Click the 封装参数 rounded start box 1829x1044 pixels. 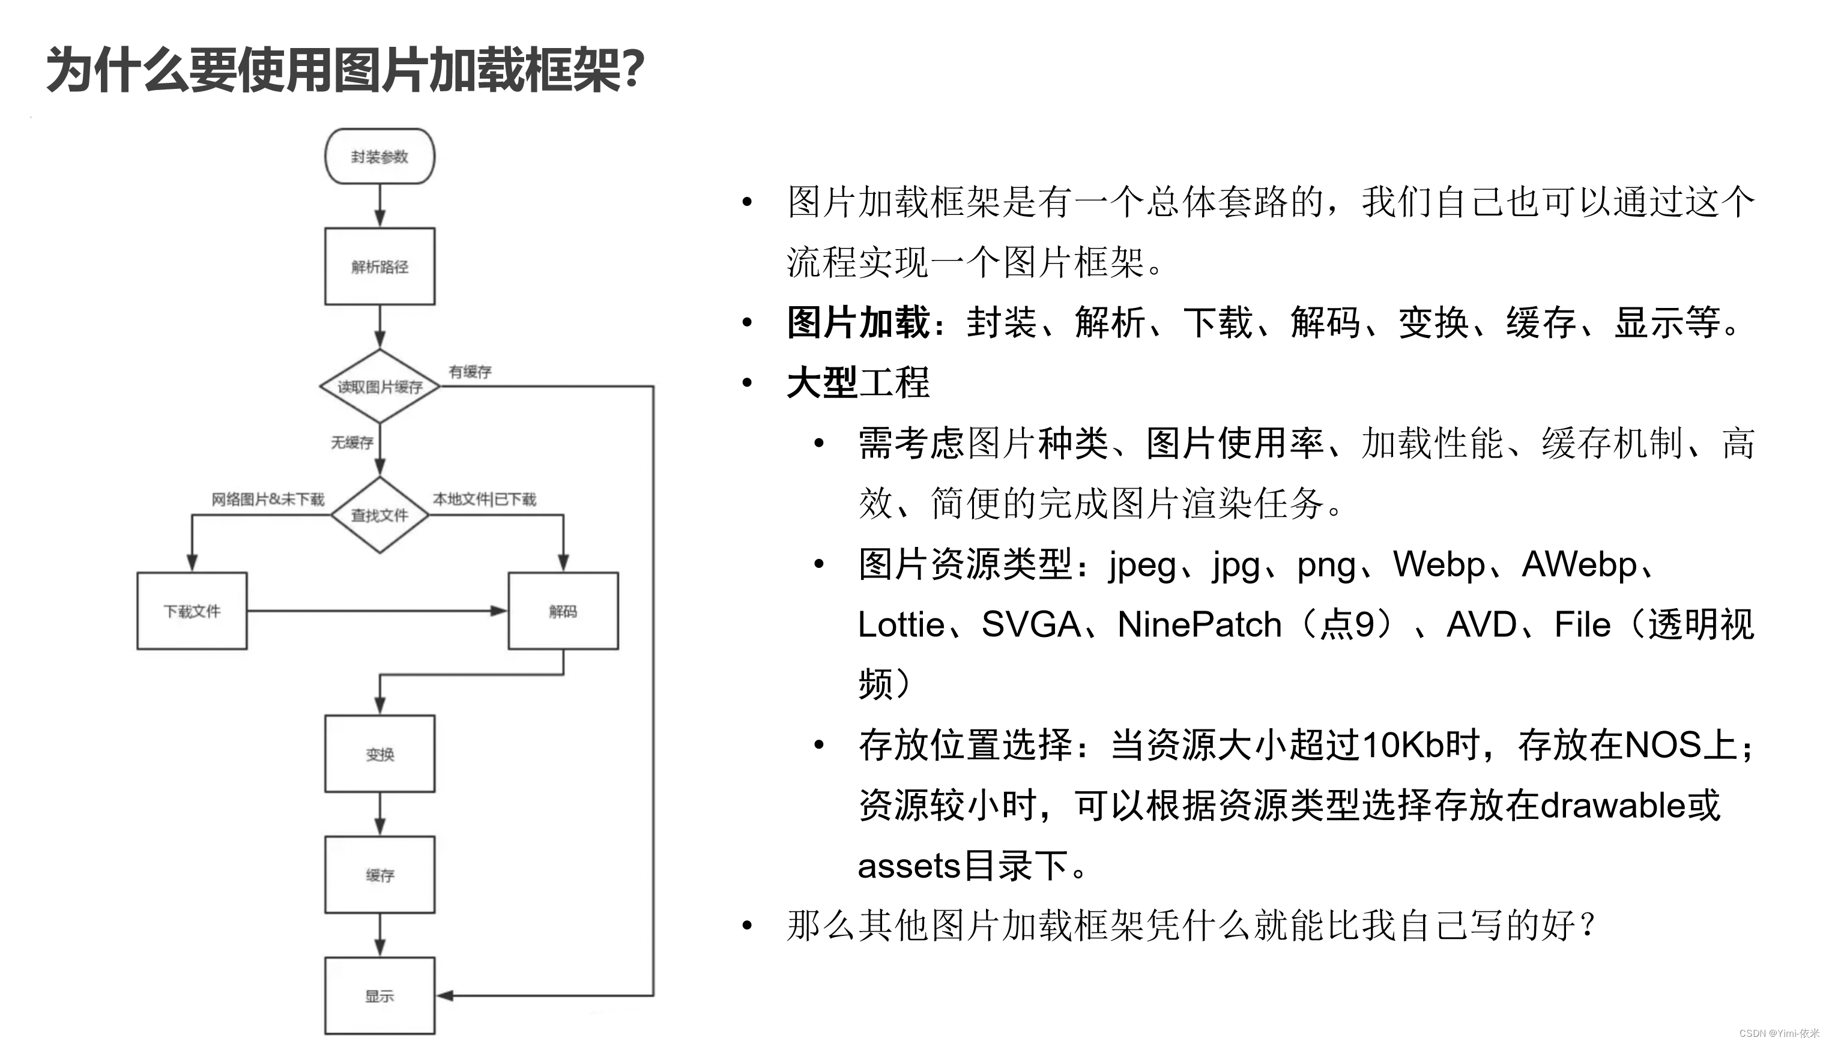[x=379, y=156]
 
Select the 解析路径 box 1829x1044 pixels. [x=379, y=267]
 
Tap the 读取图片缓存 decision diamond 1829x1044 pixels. [x=379, y=387]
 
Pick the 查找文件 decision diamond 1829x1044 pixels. [x=379, y=515]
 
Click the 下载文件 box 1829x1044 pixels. [x=192, y=611]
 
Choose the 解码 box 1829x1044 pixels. [x=563, y=611]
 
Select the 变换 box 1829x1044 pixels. [x=379, y=753]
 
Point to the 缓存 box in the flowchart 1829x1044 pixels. [x=379, y=875]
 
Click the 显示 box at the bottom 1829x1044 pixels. [x=379, y=996]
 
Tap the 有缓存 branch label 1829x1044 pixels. [x=470, y=372]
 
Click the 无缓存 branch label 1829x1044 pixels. [x=351, y=442]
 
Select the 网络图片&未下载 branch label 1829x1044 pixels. [x=267, y=499]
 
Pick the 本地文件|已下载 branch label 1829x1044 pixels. [x=484, y=499]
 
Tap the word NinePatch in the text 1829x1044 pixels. [x=1199, y=624]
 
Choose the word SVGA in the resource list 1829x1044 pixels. [x=1030, y=624]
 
